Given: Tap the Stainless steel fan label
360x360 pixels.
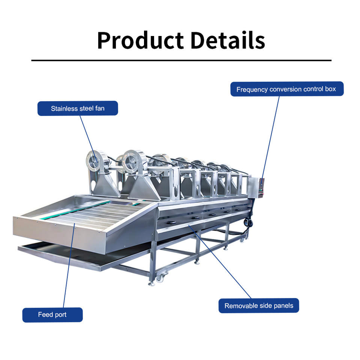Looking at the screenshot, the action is (78, 108).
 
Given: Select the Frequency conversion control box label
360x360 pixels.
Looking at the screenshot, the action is (286, 89).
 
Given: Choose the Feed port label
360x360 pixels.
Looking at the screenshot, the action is (52, 315).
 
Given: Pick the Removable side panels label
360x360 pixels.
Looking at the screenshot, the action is (258, 306).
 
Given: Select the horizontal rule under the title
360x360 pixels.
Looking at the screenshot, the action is (181, 60).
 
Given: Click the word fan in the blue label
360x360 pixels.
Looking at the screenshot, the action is (99, 108).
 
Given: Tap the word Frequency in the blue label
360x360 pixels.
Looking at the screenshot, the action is (252, 89).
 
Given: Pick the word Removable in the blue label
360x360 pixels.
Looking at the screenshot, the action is (241, 306).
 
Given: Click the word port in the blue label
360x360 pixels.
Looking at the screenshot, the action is (60, 315).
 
